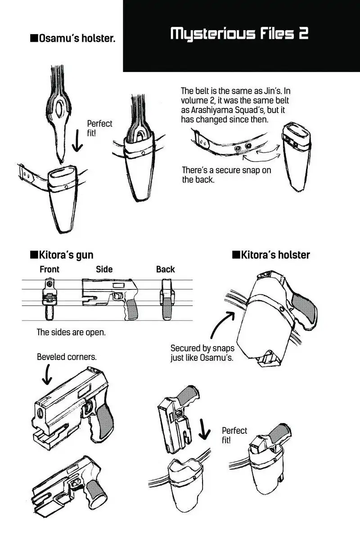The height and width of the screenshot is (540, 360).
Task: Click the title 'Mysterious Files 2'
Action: tap(239, 34)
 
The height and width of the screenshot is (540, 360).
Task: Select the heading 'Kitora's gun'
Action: tap(62, 255)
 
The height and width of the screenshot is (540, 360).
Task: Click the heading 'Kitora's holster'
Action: tap(271, 255)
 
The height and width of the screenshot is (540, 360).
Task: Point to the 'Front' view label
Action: tap(49, 270)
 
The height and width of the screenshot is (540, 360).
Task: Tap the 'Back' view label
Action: tap(165, 270)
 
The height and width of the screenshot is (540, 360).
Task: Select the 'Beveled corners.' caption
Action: tap(67, 357)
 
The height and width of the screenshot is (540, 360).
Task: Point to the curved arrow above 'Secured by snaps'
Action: tap(220, 325)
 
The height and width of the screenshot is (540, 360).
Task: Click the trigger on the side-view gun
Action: tap(119, 296)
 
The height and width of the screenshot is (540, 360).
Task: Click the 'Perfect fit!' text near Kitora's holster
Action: tap(234, 435)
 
